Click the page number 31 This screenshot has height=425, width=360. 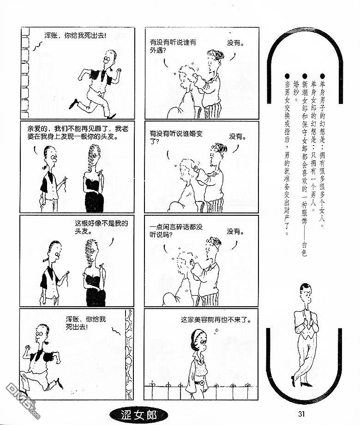302,414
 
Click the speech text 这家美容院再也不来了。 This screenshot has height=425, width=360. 216,320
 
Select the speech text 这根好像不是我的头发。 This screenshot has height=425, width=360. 102,227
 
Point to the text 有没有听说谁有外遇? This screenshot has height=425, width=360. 173,46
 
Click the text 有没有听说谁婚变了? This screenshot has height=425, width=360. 176,137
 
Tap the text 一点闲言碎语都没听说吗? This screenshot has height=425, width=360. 176,231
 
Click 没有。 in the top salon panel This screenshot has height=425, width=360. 235,42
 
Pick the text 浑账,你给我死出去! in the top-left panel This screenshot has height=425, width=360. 75,35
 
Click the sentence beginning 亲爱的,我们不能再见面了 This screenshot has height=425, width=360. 78,132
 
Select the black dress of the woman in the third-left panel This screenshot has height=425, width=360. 95,287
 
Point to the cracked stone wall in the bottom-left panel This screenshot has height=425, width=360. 129,354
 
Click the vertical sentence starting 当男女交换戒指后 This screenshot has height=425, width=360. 287,154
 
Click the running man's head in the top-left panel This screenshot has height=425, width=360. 109,57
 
